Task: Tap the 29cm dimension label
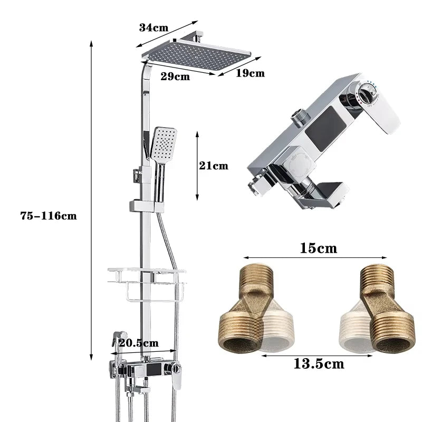[x=175, y=76]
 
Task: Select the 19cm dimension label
[x=250, y=73]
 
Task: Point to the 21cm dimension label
[x=214, y=166]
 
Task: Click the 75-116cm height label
[x=49, y=215]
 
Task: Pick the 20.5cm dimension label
[x=139, y=343]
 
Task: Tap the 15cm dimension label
[x=318, y=247]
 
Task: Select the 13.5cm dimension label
[x=319, y=363]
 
